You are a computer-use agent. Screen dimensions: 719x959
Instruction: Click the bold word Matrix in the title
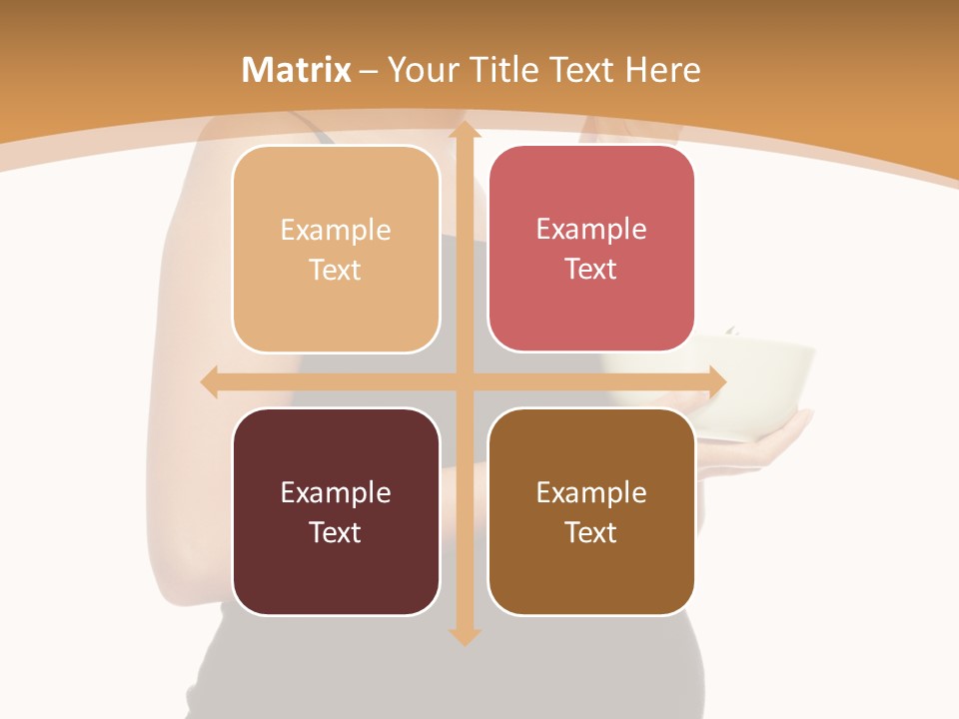click(x=297, y=70)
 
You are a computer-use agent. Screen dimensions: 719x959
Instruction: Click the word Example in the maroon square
click(x=336, y=492)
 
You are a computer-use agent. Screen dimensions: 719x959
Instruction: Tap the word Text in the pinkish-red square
click(x=591, y=270)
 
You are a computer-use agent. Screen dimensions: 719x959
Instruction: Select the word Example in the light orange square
click(x=336, y=230)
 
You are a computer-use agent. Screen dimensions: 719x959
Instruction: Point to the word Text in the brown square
click(x=591, y=532)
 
